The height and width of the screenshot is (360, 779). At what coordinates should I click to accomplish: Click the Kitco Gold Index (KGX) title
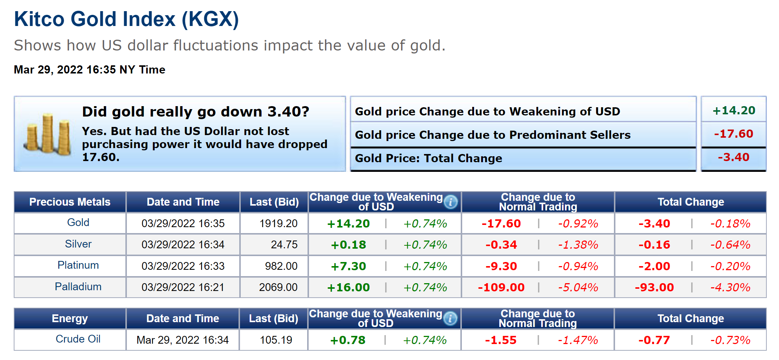[x=126, y=19]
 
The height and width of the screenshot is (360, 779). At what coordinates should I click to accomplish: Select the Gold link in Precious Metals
[x=78, y=222]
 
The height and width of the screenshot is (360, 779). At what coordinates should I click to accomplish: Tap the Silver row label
[x=78, y=244]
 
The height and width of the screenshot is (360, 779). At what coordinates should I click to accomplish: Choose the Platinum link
[x=78, y=265]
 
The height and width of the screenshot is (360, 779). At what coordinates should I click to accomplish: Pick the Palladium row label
[x=78, y=287]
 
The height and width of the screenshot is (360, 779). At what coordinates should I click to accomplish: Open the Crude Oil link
[x=78, y=339]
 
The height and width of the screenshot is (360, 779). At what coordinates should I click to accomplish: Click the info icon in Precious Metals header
[x=451, y=202]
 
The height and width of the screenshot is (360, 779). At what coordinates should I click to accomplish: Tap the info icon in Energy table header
[x=450, y=318]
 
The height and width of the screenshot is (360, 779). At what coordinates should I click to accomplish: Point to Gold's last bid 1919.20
[x=278, y=223]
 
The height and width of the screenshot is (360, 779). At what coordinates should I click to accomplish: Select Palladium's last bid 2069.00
[x=278, y=287]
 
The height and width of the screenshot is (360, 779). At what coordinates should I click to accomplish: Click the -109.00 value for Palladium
[x=501, y=287]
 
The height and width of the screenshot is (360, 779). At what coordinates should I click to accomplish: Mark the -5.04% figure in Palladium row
[x=578, y=287]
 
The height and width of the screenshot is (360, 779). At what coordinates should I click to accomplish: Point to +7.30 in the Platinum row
[x=348, y=266]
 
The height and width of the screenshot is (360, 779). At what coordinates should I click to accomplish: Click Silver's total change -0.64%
[x=730, y=245]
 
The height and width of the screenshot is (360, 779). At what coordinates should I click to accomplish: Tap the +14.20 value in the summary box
[x=733, y=110]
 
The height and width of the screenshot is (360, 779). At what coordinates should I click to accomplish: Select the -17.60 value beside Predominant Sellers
[x=733, y=134]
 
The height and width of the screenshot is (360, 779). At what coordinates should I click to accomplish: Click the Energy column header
[x=70, y=318]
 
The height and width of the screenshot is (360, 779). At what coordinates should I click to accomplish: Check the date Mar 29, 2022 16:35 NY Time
[x=89, y=70]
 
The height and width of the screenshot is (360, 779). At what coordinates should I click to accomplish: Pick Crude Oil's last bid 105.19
[x=276, y=340]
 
